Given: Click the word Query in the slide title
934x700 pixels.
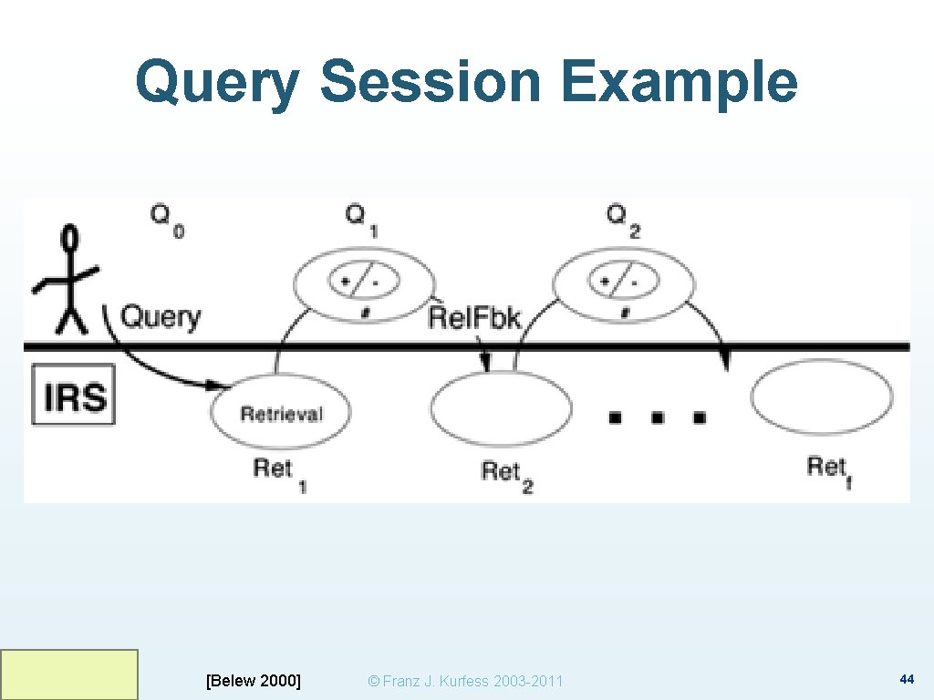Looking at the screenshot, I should click(217, 82).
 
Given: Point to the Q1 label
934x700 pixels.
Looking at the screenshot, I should click(361, 220).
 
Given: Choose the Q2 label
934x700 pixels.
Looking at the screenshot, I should click(623, 220).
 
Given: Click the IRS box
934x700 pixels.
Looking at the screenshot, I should click(75, 396).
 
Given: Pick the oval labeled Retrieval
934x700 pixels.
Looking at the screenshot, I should click(281, 412).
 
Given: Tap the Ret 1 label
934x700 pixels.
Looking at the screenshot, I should click(278, 473).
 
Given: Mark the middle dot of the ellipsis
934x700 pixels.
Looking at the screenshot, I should click(658, 417).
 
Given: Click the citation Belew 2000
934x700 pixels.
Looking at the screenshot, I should click(254, 680).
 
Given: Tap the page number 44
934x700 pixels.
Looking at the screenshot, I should click(907, 679).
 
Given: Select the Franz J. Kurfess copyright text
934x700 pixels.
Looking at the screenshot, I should click(464, 681).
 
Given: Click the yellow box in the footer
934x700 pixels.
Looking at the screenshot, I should click(69, 674).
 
